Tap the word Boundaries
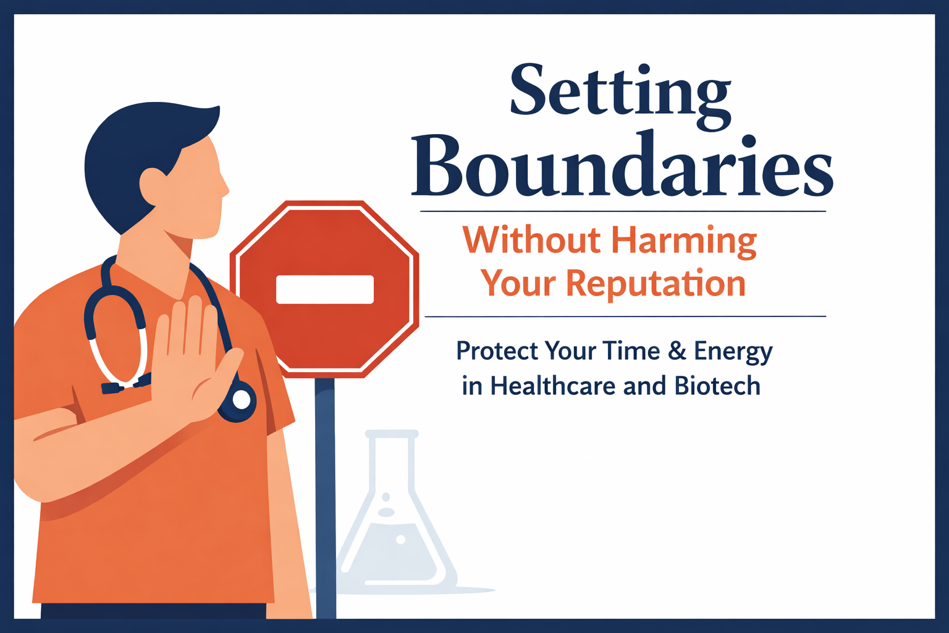(x=622, y=166)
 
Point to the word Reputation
(x=656, y=284)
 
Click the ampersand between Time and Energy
(x=677, y=351)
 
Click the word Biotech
(x=717, y=386)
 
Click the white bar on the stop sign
(x=324, y=289)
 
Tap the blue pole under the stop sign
(x=325, y=495)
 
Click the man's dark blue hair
(x=136, y=148)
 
